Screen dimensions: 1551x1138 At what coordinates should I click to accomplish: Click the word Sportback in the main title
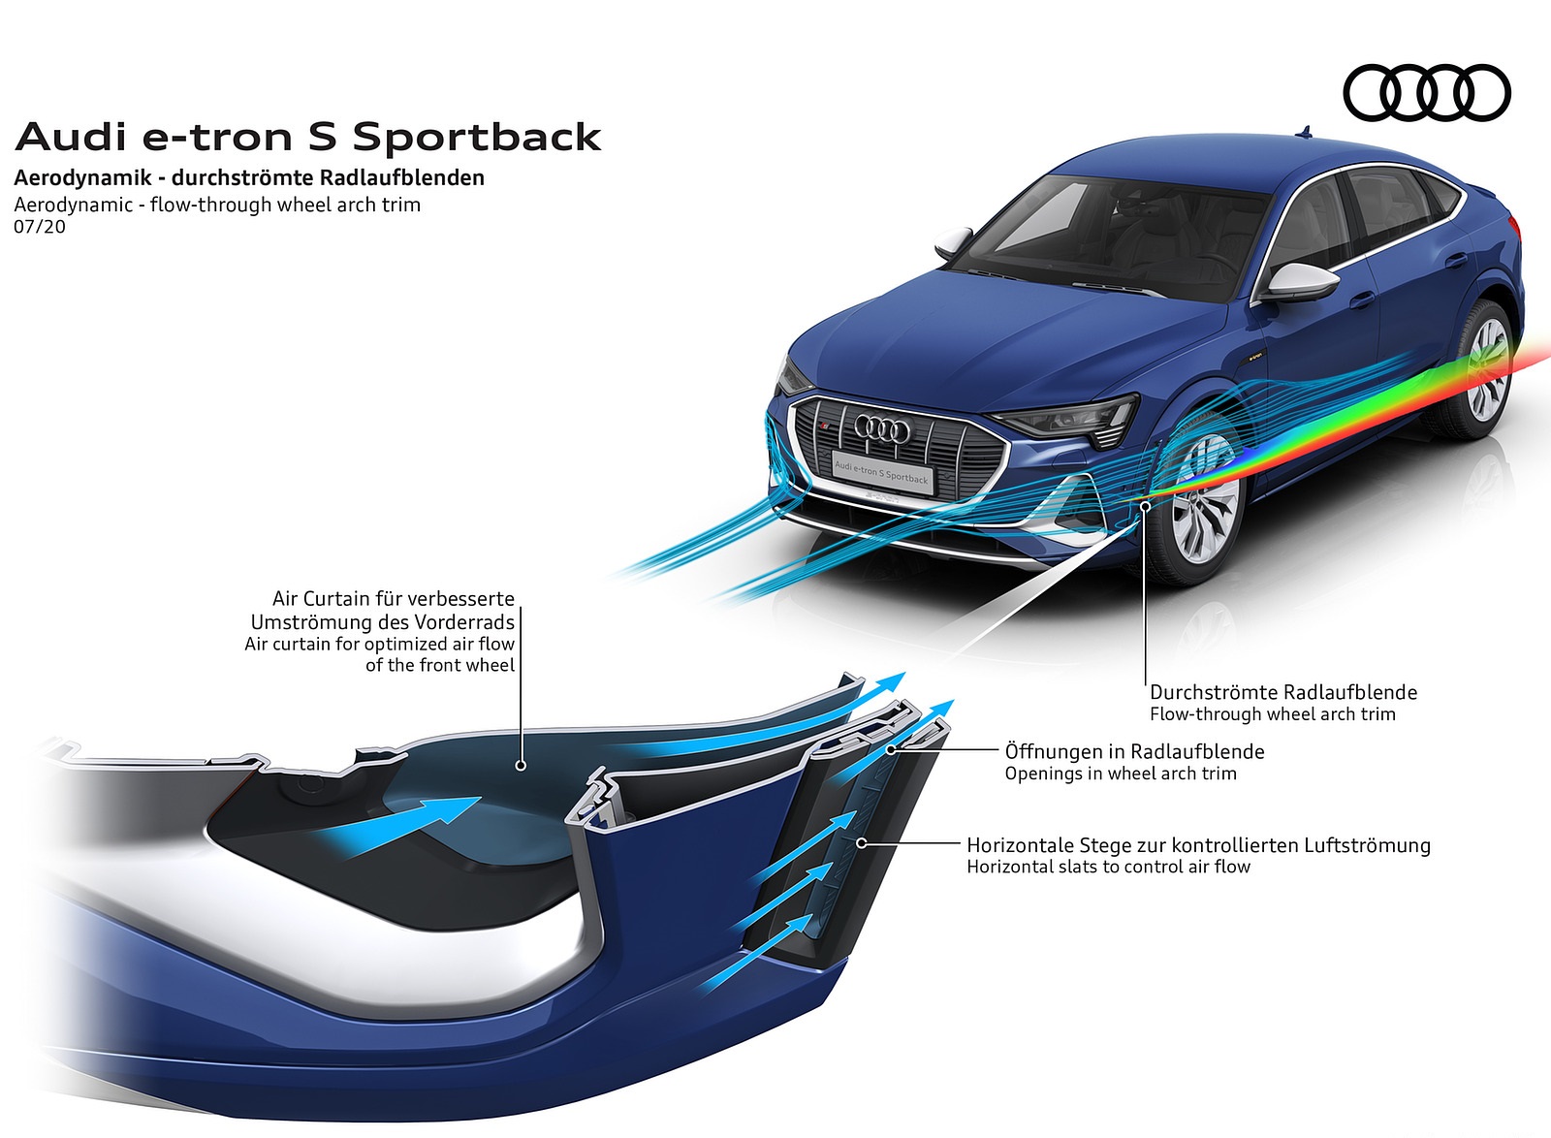[x=477, y=137]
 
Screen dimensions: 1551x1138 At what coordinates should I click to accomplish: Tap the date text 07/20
[x=40, y=227]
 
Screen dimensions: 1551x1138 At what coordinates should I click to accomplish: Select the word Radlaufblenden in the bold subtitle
[x=401, y=178]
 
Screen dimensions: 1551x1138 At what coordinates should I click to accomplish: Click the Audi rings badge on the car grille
[x=881, y=428]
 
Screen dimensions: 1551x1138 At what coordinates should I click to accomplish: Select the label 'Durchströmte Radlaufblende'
[x=1283, y=691]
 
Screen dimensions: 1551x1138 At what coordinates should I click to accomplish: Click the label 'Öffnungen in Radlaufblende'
[x=1135, y=751]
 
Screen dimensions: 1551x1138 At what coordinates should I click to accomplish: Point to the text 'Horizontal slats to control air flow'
[x=1109, y=867]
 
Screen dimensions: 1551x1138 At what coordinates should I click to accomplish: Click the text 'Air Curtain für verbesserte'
[x=394, y=598]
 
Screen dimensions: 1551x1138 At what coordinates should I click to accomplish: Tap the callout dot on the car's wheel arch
[x=1146, y=507]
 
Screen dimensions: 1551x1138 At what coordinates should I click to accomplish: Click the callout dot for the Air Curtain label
[x=521, y=766]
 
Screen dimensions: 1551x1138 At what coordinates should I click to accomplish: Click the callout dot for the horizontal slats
[x=862, y=842]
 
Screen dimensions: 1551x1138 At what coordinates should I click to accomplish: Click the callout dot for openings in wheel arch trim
[x=892, y=749]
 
